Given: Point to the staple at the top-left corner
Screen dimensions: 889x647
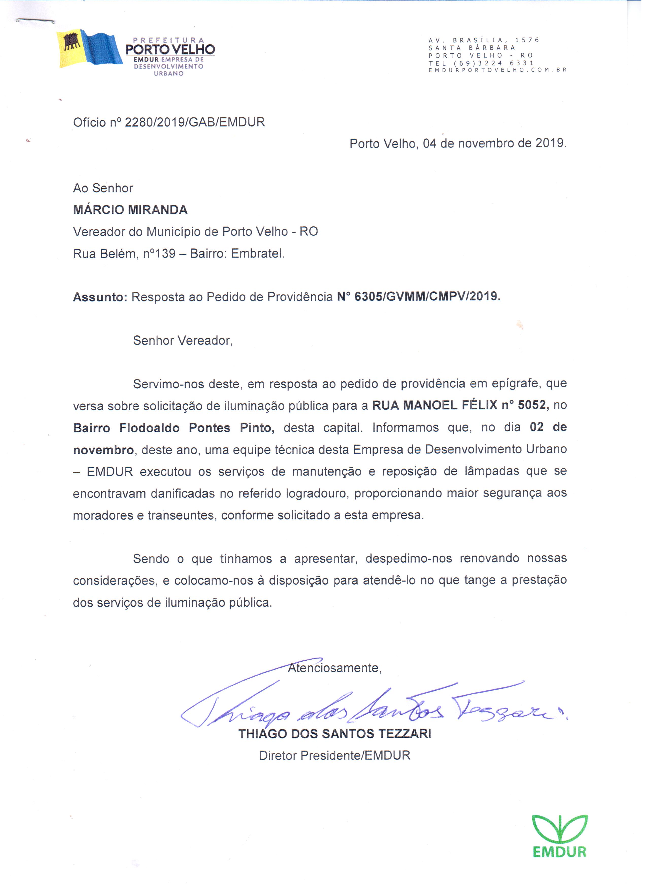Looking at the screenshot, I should (36, 20).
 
